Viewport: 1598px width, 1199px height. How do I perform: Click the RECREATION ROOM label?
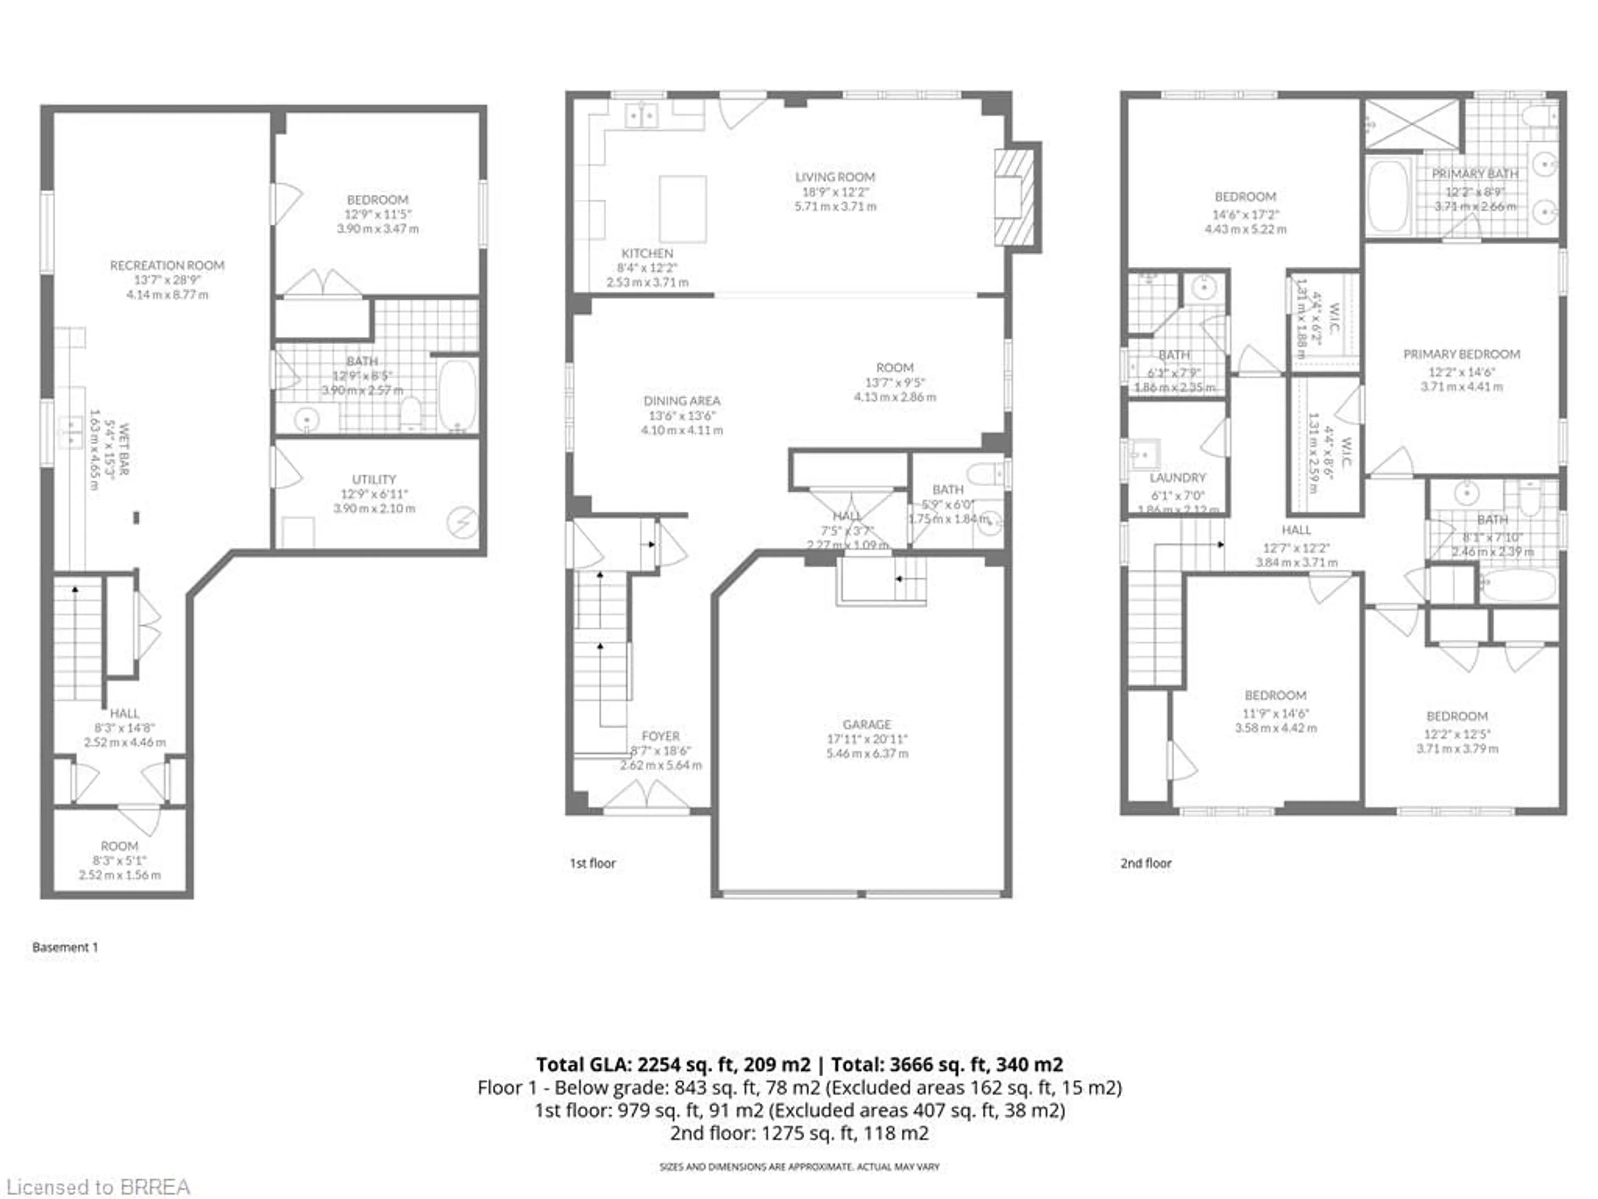tap(167, 265)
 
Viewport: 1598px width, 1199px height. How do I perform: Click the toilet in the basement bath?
tap(410, 413)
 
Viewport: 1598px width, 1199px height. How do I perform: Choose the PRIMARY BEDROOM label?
tap(1461, 354)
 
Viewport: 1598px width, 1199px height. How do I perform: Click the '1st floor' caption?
tap(593, 863)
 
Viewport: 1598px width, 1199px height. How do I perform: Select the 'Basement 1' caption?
tap(65, 947)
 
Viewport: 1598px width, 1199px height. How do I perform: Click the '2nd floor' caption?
tap(1146, 863)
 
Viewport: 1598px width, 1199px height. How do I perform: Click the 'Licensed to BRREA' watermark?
tap(97, 1187)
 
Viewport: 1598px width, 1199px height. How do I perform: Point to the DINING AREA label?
tap(681, 400)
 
